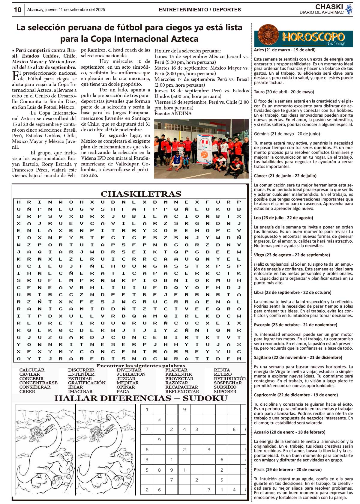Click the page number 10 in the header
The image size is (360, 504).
(18, 10)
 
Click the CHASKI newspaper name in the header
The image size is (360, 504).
(329, 7)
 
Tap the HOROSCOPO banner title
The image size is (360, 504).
(313, 37)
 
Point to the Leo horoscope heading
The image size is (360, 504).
(279, 218)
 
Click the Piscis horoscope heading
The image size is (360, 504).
(288, 470)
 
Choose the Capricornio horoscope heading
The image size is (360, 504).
(296, 395)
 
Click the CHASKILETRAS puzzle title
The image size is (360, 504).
(141, 194)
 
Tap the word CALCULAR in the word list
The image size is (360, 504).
(32, 370)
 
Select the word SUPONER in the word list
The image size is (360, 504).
(225, 392)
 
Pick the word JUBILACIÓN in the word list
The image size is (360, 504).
(131, 374)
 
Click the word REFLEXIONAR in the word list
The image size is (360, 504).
(182, 392)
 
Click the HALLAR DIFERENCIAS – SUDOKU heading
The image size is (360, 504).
(141, 398)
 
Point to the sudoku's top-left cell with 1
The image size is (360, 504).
(147, 410)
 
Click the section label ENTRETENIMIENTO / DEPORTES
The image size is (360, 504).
(200, 10)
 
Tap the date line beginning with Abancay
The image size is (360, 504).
(66, 10)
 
